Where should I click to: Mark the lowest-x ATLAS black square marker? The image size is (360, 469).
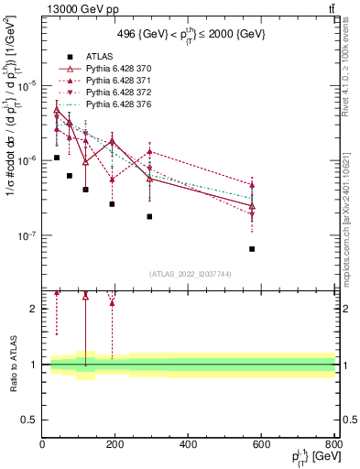(x=57, y=158)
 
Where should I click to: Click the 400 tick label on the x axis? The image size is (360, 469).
(x=189, y=445)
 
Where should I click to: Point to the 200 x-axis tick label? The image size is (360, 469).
(x=115, y=445)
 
